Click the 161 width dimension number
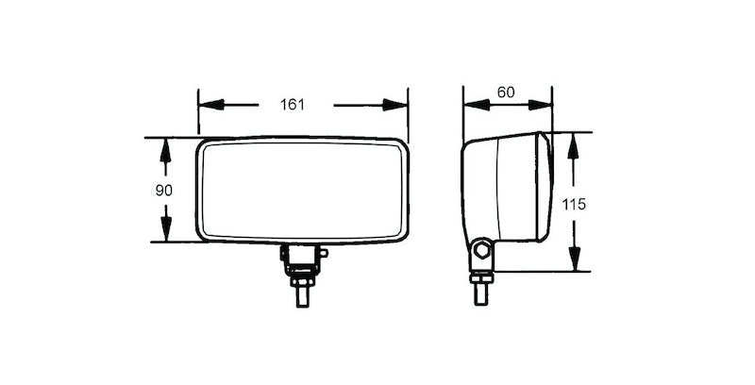293,105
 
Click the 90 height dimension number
163,190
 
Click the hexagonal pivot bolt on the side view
482,251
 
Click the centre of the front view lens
302,190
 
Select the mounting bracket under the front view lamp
301,256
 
